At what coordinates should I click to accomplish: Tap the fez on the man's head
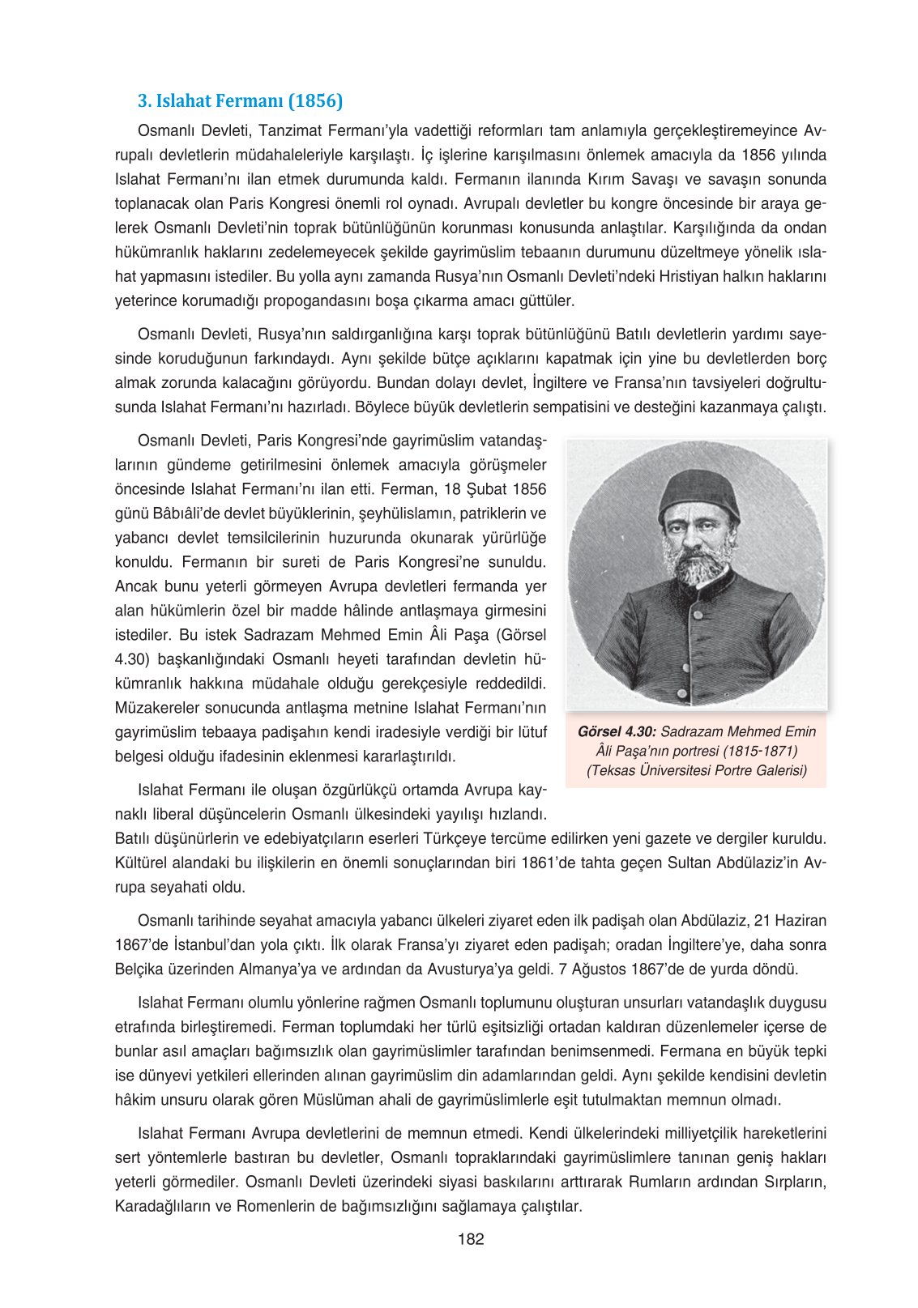(x=698, y=495)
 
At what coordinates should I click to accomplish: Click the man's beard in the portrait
(x=698, y=567)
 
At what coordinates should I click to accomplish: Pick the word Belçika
(x=143, y=969)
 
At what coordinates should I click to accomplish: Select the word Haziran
(x=801, y=920)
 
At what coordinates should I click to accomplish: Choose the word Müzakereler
(x=159, y=708)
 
